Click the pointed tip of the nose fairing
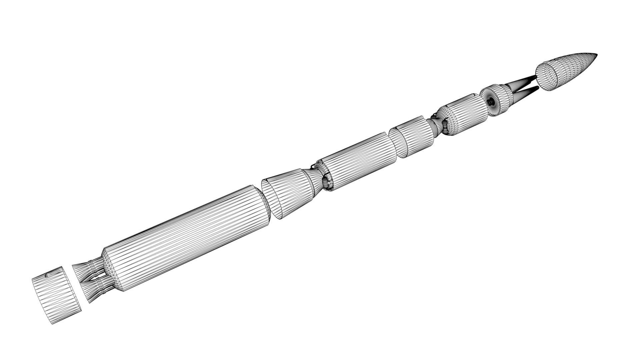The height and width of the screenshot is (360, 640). click(596, 54)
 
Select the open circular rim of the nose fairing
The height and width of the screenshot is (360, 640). click(547, 77)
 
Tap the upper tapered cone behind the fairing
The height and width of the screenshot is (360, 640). click(523, 81)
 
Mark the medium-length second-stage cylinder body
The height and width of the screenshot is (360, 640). click(360, 160)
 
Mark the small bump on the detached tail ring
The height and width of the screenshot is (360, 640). click(47, 275)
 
